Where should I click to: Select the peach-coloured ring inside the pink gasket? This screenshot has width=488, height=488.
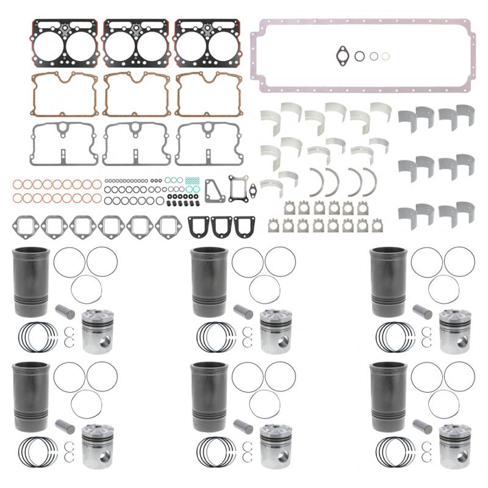[x=385, y=56]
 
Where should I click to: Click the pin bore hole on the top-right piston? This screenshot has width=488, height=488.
[x=461, y=339]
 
